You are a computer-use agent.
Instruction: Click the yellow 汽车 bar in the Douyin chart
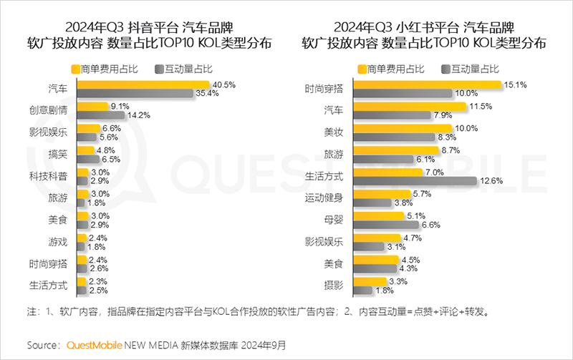pos(136,84)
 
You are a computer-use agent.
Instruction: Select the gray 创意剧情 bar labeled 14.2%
pos(100,115)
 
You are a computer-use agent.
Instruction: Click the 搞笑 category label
pos(58,152)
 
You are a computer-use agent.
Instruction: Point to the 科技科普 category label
pos(49,175)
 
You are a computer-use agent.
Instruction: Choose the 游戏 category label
pos(58,240)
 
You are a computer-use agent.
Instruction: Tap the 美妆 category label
pos(334,132)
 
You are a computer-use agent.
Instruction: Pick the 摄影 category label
pos(334,286)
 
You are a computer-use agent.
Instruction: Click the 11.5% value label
pos(481,106)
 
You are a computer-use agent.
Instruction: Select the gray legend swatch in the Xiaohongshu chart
pos(445,69)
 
